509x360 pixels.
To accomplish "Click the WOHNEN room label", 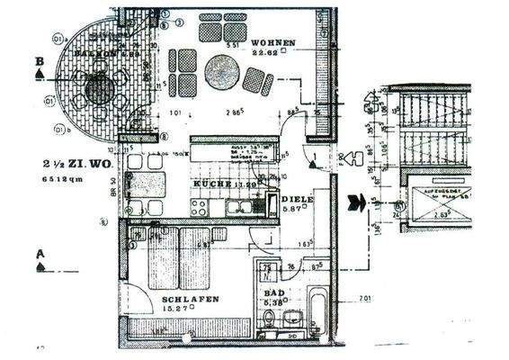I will pos(271,42).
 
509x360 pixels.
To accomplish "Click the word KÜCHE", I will pos(212,184).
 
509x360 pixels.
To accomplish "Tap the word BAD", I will pos(270,292).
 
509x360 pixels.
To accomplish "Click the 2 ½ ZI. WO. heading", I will pos(72,165).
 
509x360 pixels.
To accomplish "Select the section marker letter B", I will pos(39,61).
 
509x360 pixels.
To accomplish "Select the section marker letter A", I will pos(40,254).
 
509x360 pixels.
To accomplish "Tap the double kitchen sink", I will pos(240,207).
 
